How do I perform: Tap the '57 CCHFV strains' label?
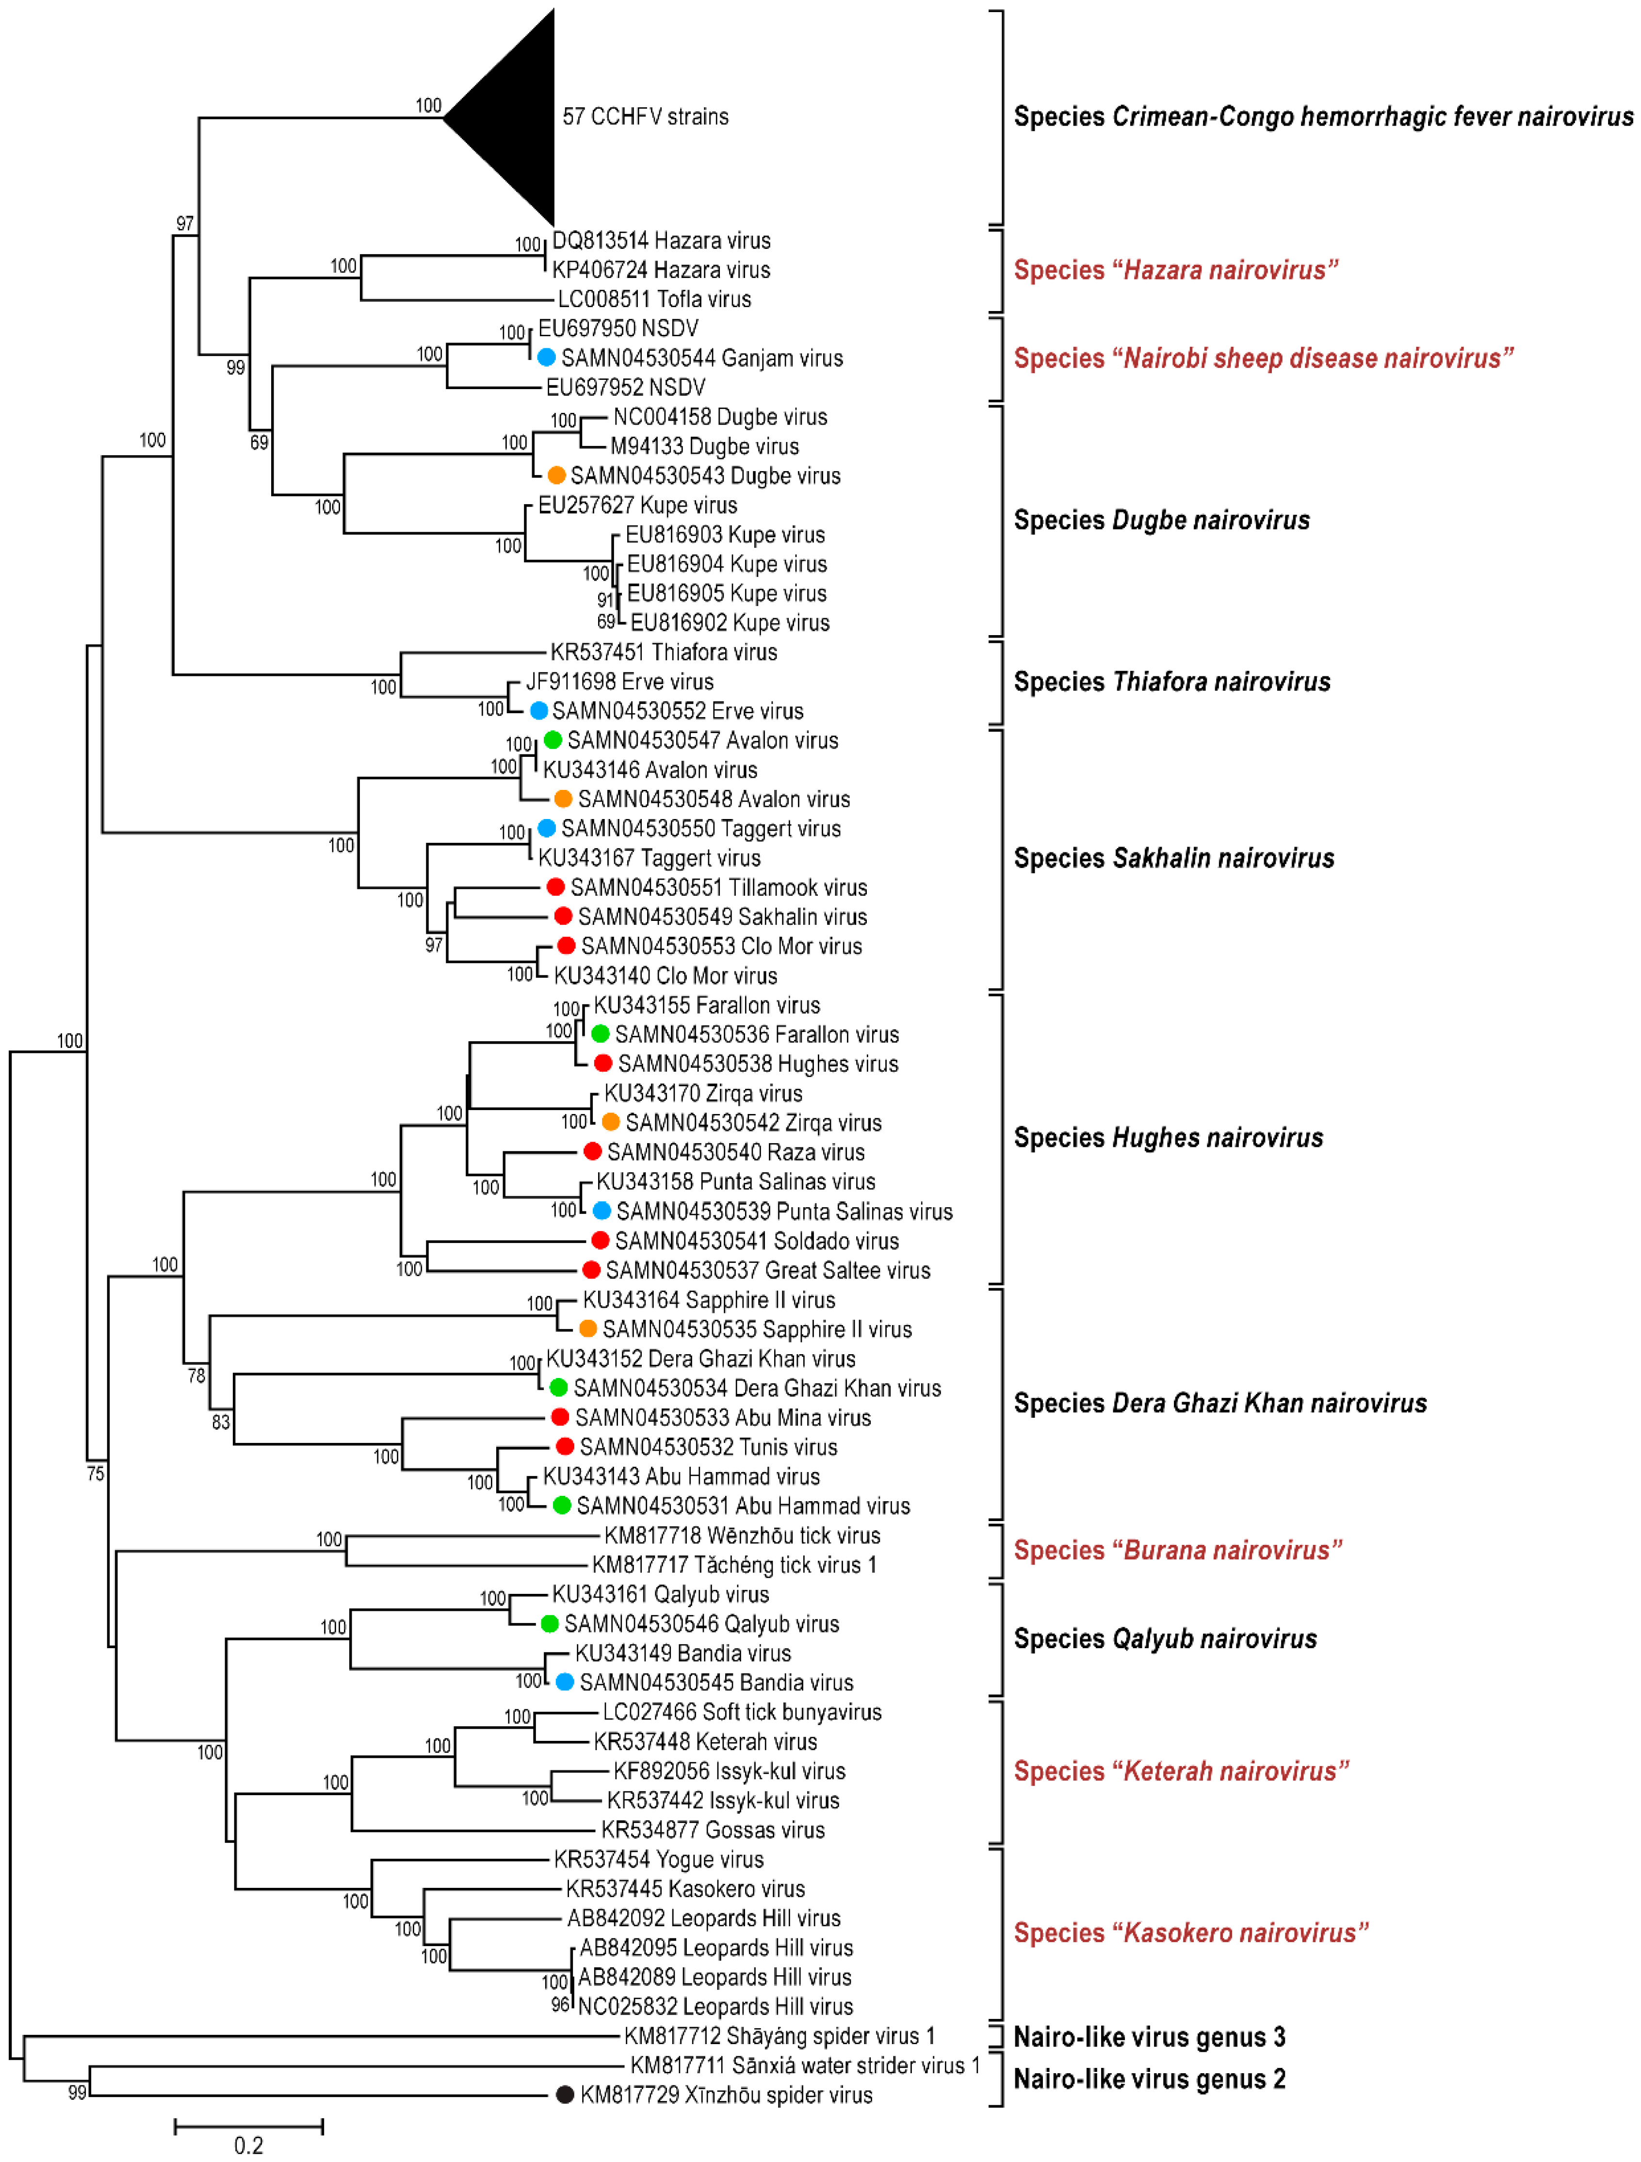[x=645, y=116]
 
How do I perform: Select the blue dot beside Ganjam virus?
[x=546, y=358]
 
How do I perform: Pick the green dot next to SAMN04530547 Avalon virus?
[x=552, y=740]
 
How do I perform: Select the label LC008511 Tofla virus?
[x=654, y=299]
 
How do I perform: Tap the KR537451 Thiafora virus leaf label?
[x=664, y=652]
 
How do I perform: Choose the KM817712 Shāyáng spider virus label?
[x=779, y=2036]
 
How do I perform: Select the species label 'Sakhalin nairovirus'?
[x=1173, y=858]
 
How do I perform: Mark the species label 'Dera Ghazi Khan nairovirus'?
[x=1220, y=1404]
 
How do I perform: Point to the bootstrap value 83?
[x=221, y=1422]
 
